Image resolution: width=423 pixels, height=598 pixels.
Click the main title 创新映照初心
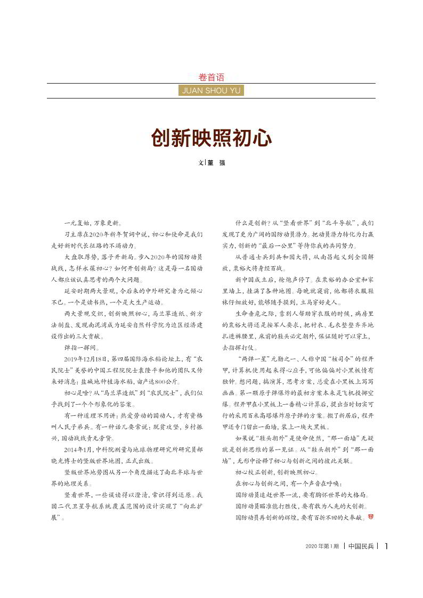click(x=211, y=138)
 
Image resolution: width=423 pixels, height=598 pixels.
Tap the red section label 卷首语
click(x=211, y=77)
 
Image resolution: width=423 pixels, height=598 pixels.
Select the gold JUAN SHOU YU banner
click(x=211, y=91)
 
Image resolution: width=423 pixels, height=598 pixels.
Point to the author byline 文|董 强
click(x=211, y=163)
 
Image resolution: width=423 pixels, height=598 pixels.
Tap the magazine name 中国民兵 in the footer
click(x=361, y=546)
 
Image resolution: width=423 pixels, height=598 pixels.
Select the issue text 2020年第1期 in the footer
click(x=322, y=546)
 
